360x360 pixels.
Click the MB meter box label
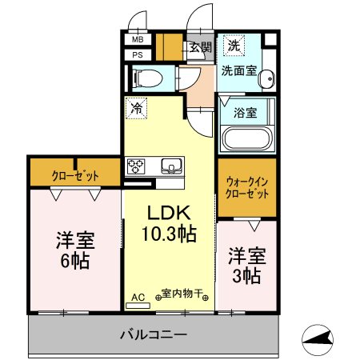[x=138, y=40]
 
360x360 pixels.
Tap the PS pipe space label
[x=138, y=55]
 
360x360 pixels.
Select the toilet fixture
[x=149, y=78]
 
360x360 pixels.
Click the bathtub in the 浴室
[x=247, y=139]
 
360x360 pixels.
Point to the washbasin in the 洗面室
[x=267, y=78]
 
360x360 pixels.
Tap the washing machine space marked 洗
[x=234, y=46]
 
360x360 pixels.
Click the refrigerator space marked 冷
[x=136, y=108]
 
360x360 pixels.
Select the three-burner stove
[x=136, y=166]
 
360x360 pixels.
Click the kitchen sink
[x=172, y=166]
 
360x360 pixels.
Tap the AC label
[x=138, y=298]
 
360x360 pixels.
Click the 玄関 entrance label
[x=201, y=47]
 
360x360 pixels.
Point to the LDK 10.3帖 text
[x=169, y=223]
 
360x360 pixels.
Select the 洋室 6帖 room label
[x=75, y=250]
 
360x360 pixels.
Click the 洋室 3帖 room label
[x=247, y=266]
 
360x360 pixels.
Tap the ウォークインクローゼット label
[x=247, y=188]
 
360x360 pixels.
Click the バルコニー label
[x=154, y=334]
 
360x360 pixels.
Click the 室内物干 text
[x=182, y=294]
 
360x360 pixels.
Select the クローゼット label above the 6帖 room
[x=75, y=176]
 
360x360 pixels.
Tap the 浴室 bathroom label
[x=246, y=113]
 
